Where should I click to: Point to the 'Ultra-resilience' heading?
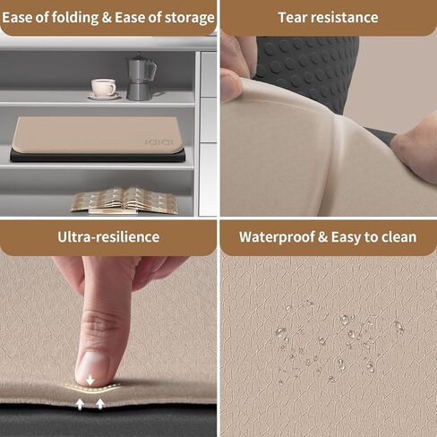coord(108,237)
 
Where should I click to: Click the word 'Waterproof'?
coord(277,237)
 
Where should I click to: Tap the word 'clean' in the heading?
coord(399,237)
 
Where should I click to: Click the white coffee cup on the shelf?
coord(104,87)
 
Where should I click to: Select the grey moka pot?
coord(141,77)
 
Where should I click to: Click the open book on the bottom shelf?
coord(124,201)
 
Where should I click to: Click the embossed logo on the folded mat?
coord(159,141)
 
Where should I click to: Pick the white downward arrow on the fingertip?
coord(90,380)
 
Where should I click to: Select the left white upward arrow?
coord(80,404)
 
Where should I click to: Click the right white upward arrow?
coord(100,404)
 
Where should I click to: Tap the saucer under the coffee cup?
coord(104,96)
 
